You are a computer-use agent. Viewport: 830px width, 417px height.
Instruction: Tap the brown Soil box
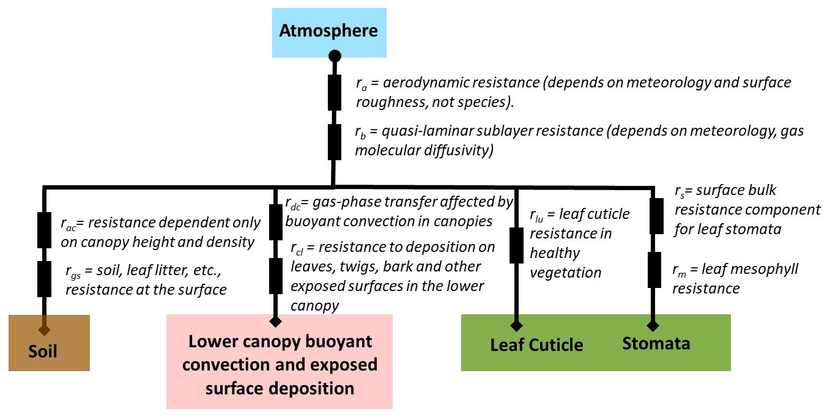[x=49, y=342]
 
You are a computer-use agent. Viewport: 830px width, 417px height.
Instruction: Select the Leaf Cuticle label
[x=536, y=345]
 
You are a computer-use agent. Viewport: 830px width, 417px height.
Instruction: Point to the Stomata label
[x=656, y=343]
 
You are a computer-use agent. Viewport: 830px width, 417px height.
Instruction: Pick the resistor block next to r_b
[x=335, y=141]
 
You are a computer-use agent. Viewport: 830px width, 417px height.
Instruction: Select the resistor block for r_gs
[x=44, y=278]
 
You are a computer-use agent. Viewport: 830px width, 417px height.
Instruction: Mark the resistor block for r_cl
[x=276, y=276]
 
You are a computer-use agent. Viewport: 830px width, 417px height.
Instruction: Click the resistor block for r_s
[x=656, y=216]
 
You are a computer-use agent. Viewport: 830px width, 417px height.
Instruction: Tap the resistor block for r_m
[x=656, y=270]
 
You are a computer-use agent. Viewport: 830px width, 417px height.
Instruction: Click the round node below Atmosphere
[x=335, y=56]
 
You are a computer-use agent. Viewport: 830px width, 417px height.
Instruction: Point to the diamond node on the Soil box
[x=44, y=330]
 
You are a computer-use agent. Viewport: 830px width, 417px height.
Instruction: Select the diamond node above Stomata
[x=653, y=325]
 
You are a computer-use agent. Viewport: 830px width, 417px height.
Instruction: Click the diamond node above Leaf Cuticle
[x=516, y=325]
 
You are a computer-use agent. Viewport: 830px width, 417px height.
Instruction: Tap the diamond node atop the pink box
[x=276, y=320]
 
